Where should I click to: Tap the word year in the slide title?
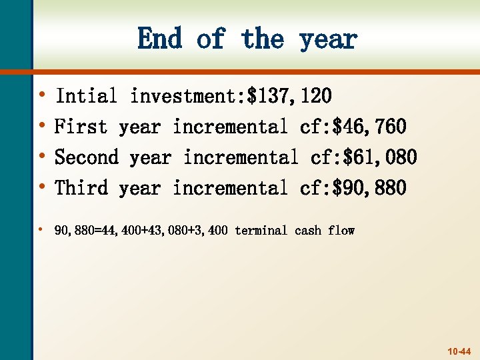point(328,40)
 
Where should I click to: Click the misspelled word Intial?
point(86,96)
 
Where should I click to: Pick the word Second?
point(86,157)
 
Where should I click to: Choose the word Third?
point(81,188)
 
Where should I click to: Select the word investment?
point(183,96)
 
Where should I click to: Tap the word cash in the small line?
point(307,231)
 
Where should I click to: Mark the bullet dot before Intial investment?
point(43,95)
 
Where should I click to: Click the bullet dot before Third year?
point(43,187)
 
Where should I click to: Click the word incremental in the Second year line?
point(241,157)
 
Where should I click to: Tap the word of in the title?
point(211,39)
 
